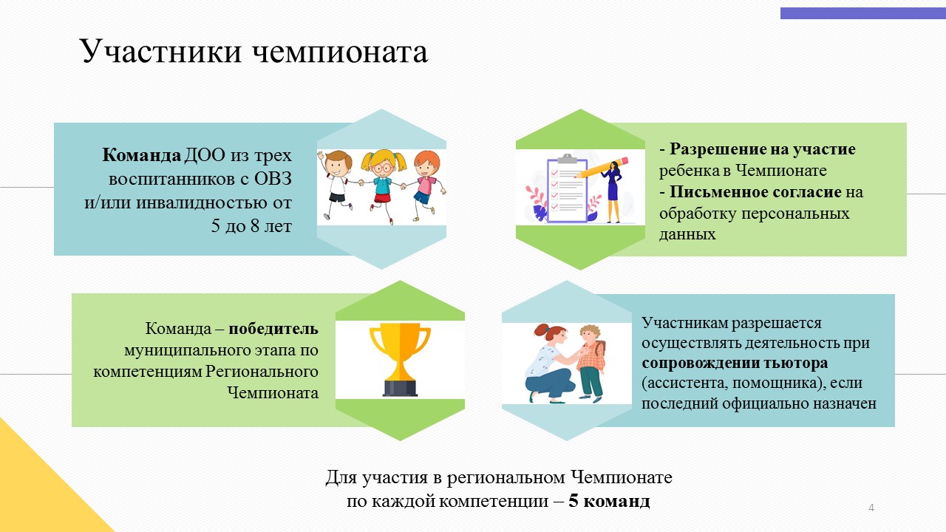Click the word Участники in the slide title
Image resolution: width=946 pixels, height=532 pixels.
click(x=160, y=52)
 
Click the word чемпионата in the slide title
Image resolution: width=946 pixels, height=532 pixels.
click(x=341, y=52)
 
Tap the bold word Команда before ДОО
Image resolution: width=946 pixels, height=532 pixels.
click(x=141, y=155)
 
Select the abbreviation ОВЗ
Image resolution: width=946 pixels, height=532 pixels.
click(x=273, y=179)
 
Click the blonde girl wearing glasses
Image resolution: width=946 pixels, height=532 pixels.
click(x=383, y=184)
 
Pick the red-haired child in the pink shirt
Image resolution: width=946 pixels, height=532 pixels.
click(x=424, y=185)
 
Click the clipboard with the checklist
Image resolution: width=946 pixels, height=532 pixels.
click(x=567, y=189)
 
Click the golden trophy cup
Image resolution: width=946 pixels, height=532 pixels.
click(x=400, y=360)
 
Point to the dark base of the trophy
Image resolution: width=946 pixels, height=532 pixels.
click(x=400, y=388)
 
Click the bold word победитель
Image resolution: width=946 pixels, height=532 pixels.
click(x=273, y=329)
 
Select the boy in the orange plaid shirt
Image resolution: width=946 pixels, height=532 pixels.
click(x=591, y=363)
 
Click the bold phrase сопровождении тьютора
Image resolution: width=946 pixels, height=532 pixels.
click(x=735, y=363)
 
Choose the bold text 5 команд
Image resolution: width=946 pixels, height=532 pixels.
click(x=609, y=501)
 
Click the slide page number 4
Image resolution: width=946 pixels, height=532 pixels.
click(x=871, y=508)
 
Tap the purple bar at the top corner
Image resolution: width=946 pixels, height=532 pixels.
click(x=862, y=13)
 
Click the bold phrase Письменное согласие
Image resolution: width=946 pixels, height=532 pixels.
click(x=755, y=192)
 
